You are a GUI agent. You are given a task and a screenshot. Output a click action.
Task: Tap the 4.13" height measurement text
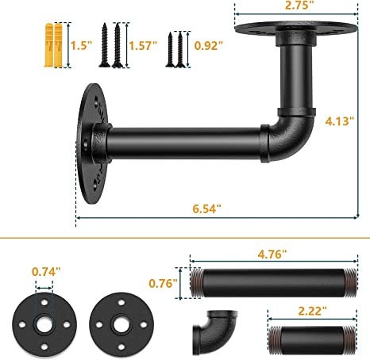coord(340,121)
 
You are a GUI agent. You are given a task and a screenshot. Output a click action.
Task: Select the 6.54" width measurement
coord(206,209)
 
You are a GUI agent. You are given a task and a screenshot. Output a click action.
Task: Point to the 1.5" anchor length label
coord(81,45)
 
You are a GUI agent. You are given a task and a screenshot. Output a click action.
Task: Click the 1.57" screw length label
coord(143,45)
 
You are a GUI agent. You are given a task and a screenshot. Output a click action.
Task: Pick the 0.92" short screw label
coord(208,45)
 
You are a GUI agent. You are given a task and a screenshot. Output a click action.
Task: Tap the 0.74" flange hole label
coord(46,271)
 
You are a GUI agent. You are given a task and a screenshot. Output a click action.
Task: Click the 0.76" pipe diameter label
coord(163,283)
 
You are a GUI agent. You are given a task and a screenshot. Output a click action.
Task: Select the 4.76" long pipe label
coord(272,255)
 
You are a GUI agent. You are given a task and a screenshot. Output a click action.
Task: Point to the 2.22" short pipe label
coord(313,311)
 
